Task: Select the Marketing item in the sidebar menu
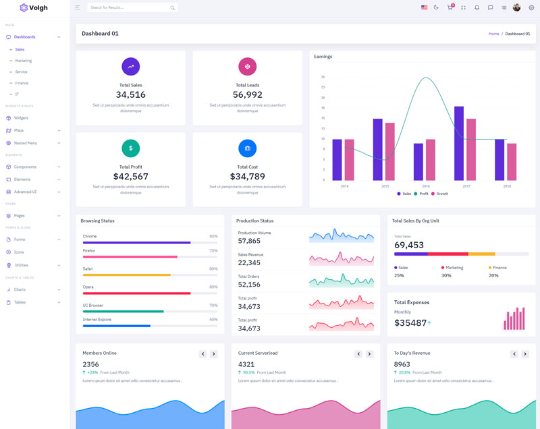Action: pyautogui.click(x=24, y=61)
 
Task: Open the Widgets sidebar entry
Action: pyautogui.click(x=21, y=118)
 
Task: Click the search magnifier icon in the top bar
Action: pyautogui.click(x=173, y=8)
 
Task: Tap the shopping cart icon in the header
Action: pyautogui.click(x=450, y=7)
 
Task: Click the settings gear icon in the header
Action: pyautogui.click(x=531, y=7)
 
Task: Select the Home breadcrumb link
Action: pyautogui.click(x=494, y=34)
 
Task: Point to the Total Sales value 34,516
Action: pyautogui.click(x=131, y=95)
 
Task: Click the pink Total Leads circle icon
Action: pyautogui.click(x=248, y=66)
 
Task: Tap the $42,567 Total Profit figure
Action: pyautogui.click(x=131, y=177)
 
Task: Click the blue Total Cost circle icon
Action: pyautogui.click(x=248, y=148)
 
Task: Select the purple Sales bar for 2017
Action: pyautogui.click(x=459, y=143)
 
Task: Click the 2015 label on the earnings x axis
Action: pyautogui.click(x=385, y=186)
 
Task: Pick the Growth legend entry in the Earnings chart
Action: pyautogui.click(x=441, y=194)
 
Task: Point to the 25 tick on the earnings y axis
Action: pyautogui.click(x=323, y=77)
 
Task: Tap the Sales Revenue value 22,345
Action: pyautogui.click(x=249, y=263)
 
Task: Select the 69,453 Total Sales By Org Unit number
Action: pyautogui.click(x=409, y=246)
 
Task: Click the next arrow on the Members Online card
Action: pyautogui.click(x=214, y=354)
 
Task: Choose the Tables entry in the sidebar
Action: pyautogui.click(x=20, y=302)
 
